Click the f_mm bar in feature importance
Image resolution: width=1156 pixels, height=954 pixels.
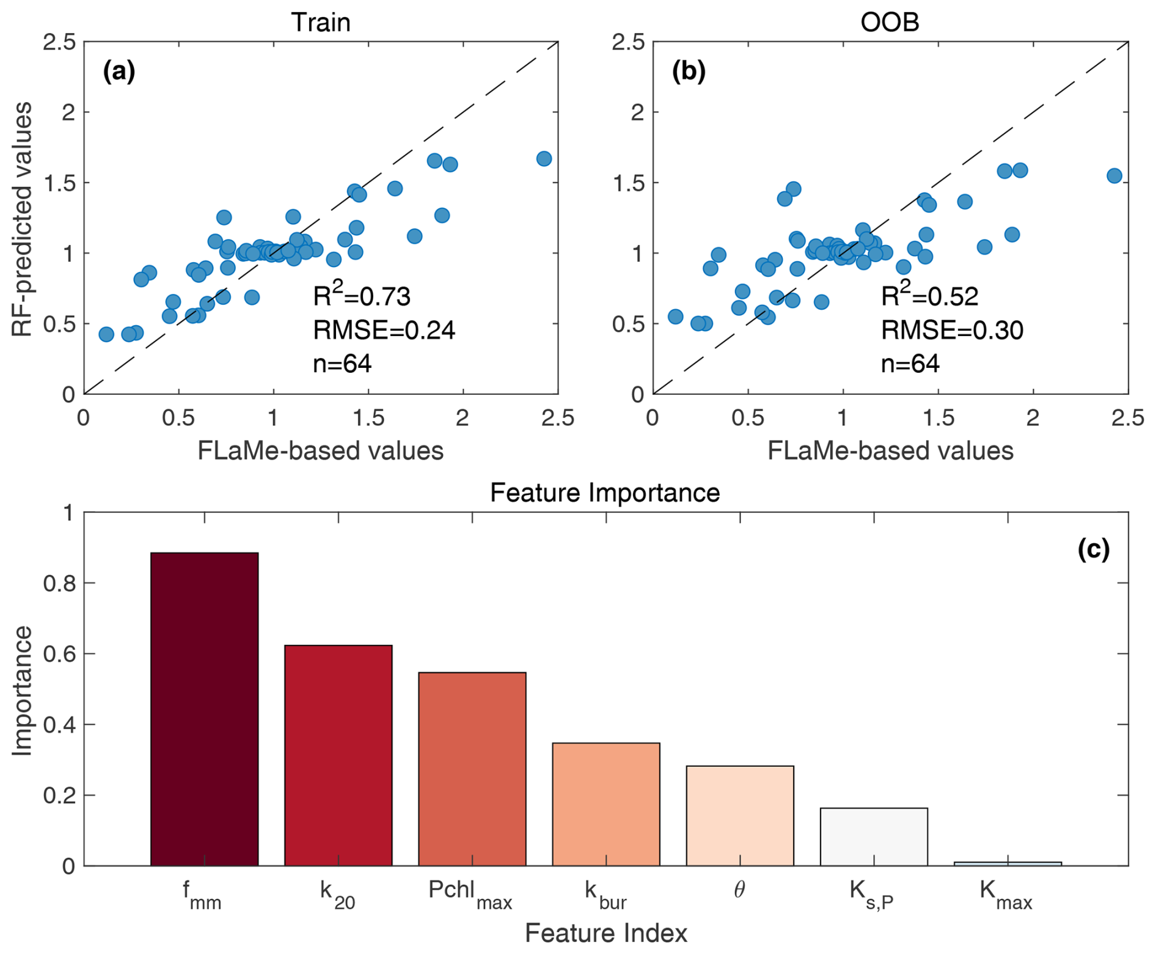pos(204,709)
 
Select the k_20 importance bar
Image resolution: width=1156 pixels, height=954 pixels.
pos(338,755)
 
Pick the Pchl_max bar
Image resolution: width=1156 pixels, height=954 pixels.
pos(472,769)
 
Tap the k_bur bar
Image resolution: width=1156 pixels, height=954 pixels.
pos(605,804)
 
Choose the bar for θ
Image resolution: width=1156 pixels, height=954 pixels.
pos(739,815)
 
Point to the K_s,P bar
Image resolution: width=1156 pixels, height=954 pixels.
pos(874,837)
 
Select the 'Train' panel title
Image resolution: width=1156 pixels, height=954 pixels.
pos(321,23)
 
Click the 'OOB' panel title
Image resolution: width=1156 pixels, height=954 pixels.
pos(890,23)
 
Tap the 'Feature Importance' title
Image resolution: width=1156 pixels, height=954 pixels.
pos(605,493)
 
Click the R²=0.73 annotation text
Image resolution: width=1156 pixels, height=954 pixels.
pos(362,295)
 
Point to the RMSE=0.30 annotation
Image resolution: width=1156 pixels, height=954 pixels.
pos(951,330)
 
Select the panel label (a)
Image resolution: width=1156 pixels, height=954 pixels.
pos(119,72)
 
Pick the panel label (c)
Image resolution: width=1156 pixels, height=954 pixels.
pos(1093,549)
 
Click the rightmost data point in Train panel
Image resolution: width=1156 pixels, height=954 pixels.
pos(544,159)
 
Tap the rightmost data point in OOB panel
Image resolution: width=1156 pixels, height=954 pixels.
pos(1114,176)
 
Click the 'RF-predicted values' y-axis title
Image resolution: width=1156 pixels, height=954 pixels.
pos(22,219)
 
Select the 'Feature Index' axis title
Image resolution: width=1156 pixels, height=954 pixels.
pos(605,933)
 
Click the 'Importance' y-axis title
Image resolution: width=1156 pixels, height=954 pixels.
pos(22,691)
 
